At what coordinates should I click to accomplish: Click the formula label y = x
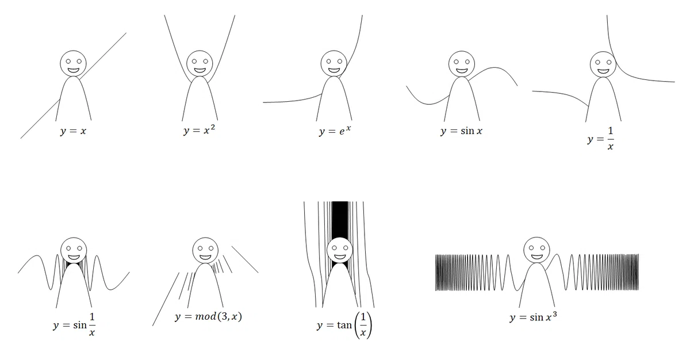click(x=74, y=131)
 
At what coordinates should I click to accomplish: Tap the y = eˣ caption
click(x=335, y=131)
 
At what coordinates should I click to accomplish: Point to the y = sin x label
click(x=461, y=131)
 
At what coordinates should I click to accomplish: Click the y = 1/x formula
click(x=600, y=139)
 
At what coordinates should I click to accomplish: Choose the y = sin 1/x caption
click(x=74, y=324)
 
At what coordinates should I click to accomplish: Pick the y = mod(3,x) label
click(x=209, y=316)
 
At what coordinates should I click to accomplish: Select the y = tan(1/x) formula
click(x=344, y=325)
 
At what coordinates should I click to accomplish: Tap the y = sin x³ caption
click(x=533, y=317)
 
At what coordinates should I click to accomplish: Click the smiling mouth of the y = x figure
click(x=74, y=71)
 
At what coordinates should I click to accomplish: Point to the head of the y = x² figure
click(x=200, y=63)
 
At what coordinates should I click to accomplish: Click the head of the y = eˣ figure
click(x=333, y=63)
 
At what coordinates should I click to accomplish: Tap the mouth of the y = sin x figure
click(x=461, y=71)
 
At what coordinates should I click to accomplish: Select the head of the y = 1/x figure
click(x=603, y=64)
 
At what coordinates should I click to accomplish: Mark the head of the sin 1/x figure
click(x=74, y=250)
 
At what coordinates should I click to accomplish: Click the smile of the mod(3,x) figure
click(x=205, y=258)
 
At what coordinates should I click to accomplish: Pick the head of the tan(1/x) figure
click(x=340, y=250)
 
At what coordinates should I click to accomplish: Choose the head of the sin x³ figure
click(x=536, y=250)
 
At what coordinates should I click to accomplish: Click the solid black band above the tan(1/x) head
click(x=340, y=219)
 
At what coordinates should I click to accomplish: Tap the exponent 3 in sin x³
click(x=555, y=314)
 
